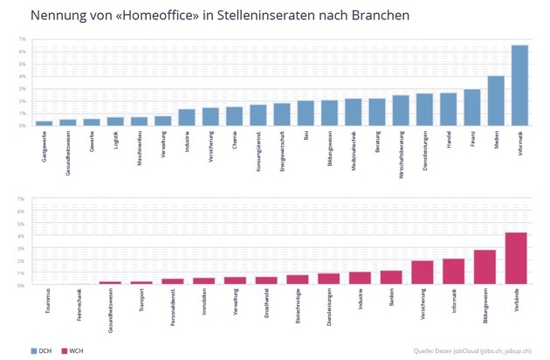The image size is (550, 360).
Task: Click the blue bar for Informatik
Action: pyautogui.click(x=519, y=86)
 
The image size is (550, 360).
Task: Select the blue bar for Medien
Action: pyautogui.click(x=496, y=100)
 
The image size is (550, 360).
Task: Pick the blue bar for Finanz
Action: pyautogui.click(x=471, y=107)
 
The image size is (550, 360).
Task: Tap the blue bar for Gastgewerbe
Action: pyautogui.click(x=44, y=123)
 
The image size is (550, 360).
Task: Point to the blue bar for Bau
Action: pyautogui.click(x=306, y=113)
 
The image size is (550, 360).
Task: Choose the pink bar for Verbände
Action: pyautogui.click(x=516, y=259)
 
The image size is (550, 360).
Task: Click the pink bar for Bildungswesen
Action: pyautogui.click(x=485, y=267)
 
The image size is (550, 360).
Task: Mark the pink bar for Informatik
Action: pyautogui.click(x=453, y=272)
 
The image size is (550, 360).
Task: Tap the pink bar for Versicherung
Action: pyautogui.click(x=422, y=273)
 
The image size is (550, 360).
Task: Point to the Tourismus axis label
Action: pyautogui.click(x=48, y=301)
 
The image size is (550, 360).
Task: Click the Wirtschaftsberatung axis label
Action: pyautogui.click(x=402, y=147)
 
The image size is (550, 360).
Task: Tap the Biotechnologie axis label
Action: pyautogui.click(x=298, y=305)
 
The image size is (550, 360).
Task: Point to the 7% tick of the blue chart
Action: pyautogui.click(x=23, y=40)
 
